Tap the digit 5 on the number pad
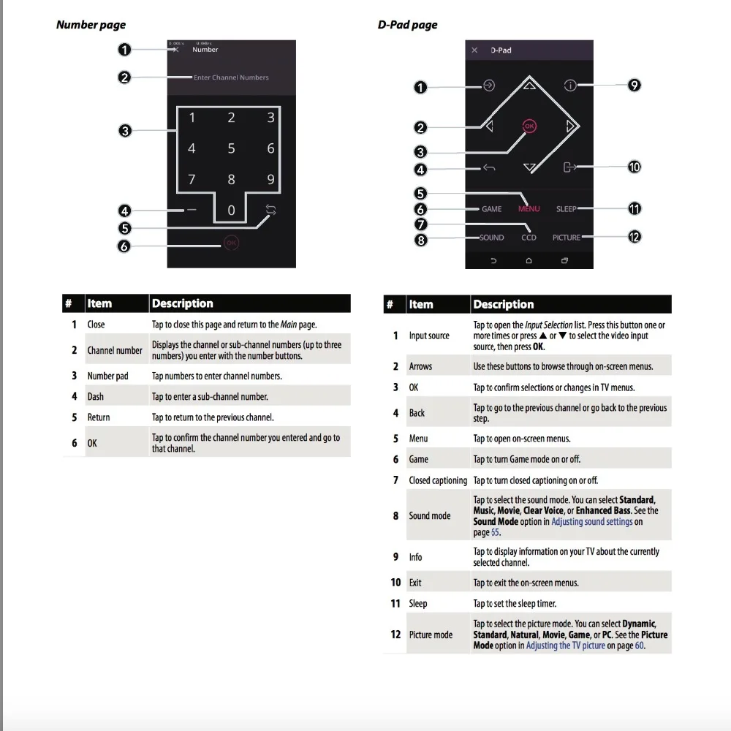pos(231,148)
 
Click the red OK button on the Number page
pos(231,243)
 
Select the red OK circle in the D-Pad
pos(529,126)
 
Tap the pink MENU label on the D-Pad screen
pos(529,209)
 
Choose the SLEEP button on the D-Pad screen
pos(566,209)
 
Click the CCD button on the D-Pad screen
pos(529,238)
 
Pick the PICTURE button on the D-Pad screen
pos(567,238)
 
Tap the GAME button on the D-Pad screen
pos(491,209)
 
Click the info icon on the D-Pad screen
pos(569,86)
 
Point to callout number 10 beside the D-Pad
pos(634,167)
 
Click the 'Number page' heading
pos(91,25)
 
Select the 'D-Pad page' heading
pos(407,25)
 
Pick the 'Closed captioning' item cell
pos(438,480)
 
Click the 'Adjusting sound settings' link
pos(592,522)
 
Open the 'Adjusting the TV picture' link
pos(566,645)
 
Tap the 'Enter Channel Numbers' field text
pos(231,77)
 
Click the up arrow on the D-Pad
pos(529,86)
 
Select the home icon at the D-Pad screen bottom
pos(529,261)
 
